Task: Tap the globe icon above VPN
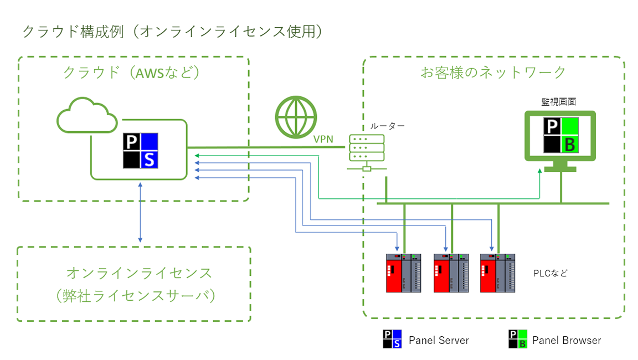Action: (x=296, y=117)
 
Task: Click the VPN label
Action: (x=323, y=139)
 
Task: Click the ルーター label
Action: (x=387, y=126)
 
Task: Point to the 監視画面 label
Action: (x=559, y=102)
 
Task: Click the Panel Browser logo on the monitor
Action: (x=561, y=136)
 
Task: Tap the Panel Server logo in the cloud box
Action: (x=140, y=151)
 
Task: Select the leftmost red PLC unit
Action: (x=404, y=273)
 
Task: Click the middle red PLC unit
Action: (x=451, y=273)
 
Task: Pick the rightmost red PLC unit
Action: (x=498, y=273)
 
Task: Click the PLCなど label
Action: (x=550, y=273)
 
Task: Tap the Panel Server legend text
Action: (x=439, y=340)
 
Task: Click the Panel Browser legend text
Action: (x=567, y=340)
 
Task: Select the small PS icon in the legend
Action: (x=392, y=340)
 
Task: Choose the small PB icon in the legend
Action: (x=518, y=340)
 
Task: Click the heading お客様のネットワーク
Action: (x=493, y=73)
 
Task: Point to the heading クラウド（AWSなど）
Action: (x=131, y=73)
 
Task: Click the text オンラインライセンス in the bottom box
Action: (x=139, y=272)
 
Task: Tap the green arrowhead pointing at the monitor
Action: (x=540, y=171)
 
